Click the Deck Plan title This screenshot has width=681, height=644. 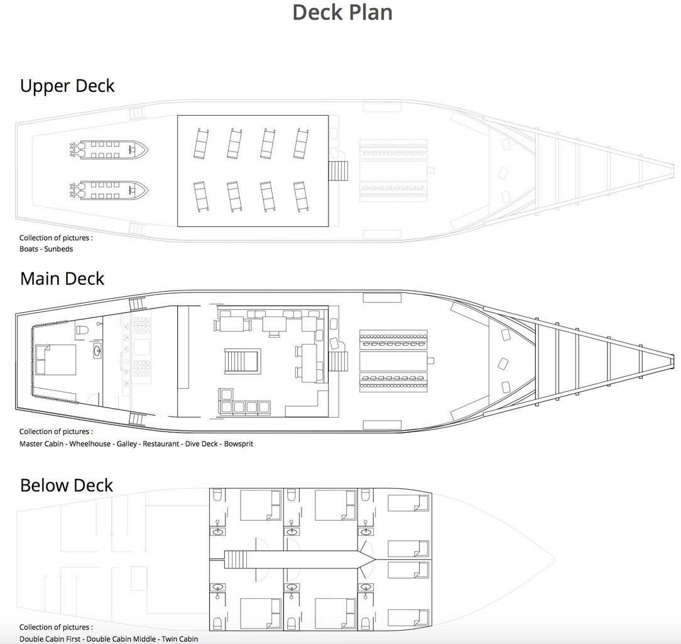coord(342,12)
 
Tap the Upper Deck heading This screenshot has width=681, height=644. coord(67,86)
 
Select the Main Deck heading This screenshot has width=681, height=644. coord(62,279)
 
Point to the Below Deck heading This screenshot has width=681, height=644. coord(67,486)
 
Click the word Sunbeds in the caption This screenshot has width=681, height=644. coord(58,249)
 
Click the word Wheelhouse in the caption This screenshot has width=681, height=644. coord(90,444)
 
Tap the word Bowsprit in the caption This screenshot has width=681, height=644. coord(239,444)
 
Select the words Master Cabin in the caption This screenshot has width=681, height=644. coord(41,444)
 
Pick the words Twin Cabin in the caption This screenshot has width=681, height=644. coord(180,639)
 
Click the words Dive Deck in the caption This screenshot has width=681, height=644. coord(202,444)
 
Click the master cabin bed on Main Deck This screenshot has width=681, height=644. coord(55,360)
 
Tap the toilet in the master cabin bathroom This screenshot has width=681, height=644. coord(82,330)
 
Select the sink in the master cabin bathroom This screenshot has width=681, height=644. coord(97,350)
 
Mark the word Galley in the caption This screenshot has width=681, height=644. coord(127,444)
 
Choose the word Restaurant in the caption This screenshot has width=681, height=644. coord(161,444)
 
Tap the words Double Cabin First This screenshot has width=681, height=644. coord(50,639)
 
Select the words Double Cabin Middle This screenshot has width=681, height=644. coord(121,639)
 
